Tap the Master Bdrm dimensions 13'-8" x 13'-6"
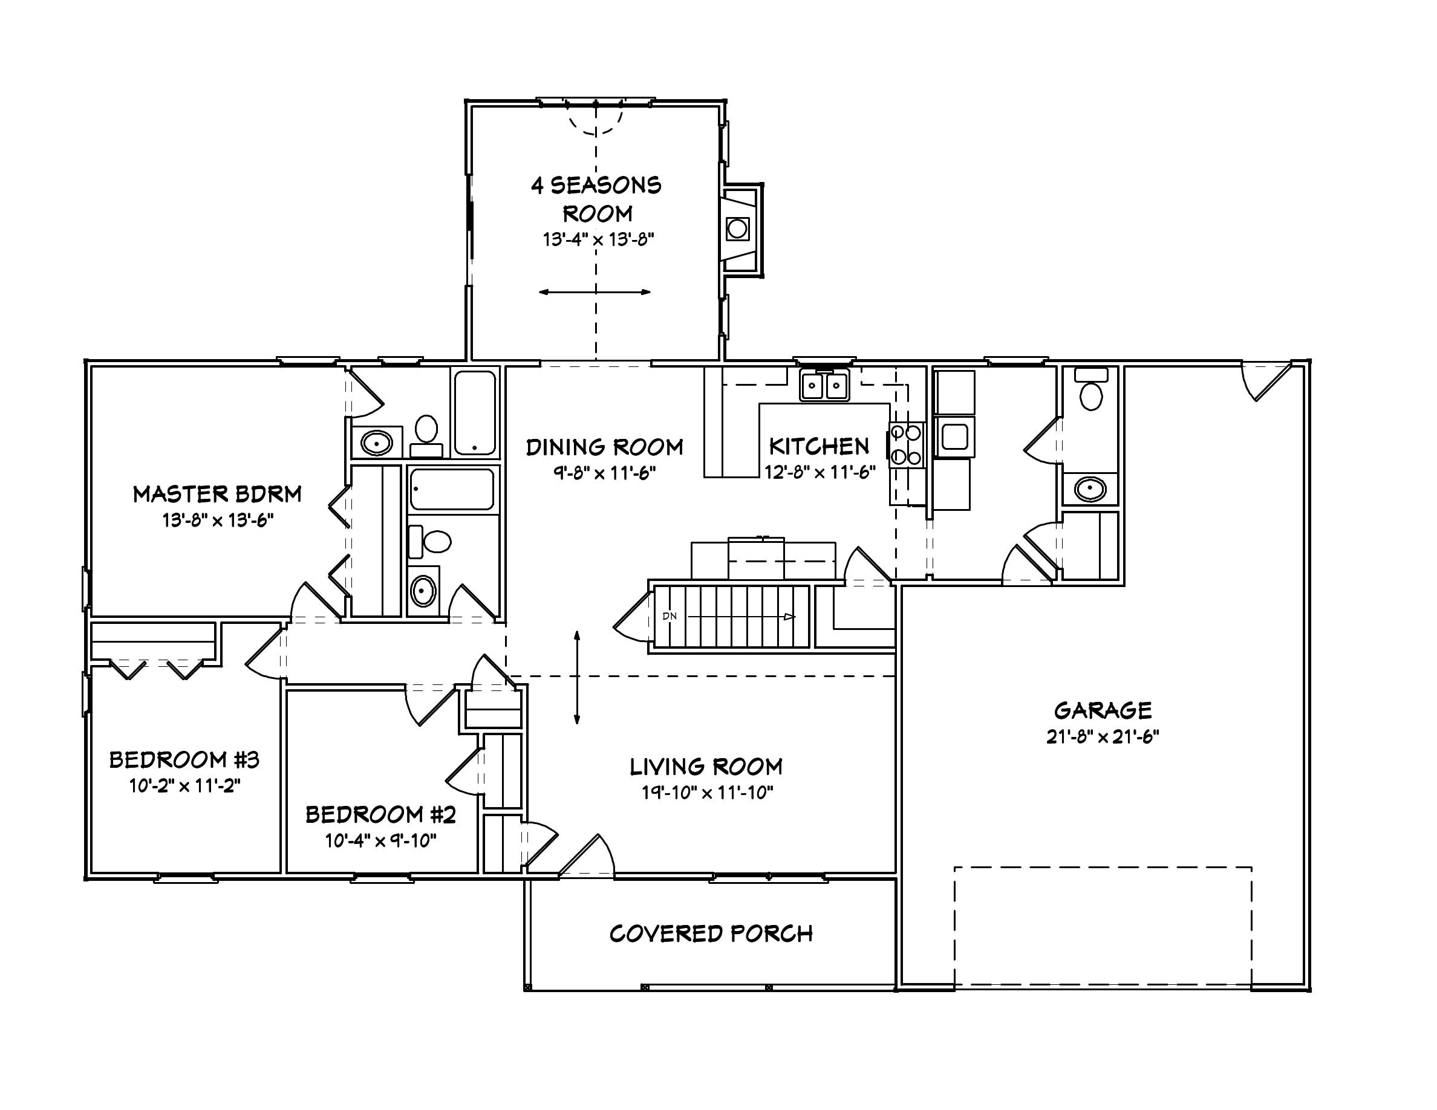[218, 520]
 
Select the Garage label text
[1103, 710]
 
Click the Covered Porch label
[711, 934]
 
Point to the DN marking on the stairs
[669, 616]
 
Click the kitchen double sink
[824, 385]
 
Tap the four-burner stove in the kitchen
[906, 444]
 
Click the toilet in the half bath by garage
[1091, 393]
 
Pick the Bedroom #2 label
[380, 815]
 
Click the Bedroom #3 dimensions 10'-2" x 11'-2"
[185, 786]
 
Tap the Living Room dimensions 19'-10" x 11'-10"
[708, 793]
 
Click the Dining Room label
[604, 447]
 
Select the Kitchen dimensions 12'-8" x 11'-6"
[820, 472]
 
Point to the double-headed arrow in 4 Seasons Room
[595, 292]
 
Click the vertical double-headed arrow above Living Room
[577, 677]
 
